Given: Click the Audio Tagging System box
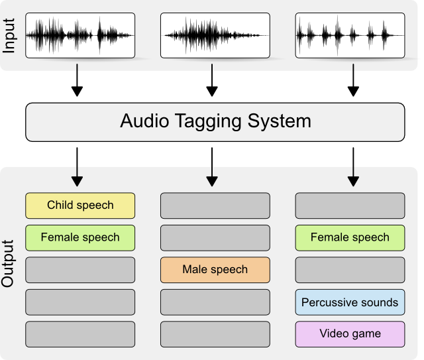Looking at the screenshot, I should point(215,122).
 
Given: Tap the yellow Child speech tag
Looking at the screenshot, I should point(80,206).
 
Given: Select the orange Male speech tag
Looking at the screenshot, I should point(215,270).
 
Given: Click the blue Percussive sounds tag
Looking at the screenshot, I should point(350,302).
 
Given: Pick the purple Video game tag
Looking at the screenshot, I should point(350,333).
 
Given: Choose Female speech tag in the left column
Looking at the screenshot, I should point(80,237).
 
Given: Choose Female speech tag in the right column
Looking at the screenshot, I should point(350,237).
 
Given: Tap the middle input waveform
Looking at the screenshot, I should point(215,35).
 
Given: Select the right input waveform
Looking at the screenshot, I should point(350,35).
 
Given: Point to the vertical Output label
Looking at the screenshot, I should point(9,263).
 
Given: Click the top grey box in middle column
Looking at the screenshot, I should point(215,206).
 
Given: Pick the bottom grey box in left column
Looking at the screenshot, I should point(80,333).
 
